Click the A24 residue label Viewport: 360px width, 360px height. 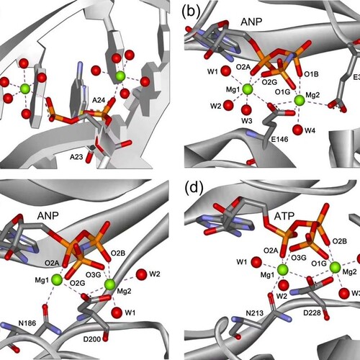point(99,100)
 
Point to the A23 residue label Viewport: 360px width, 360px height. point(76,157)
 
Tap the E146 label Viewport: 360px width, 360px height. point(279,139)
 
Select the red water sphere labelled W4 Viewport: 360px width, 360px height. point(298,130)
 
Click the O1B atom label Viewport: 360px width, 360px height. point(311,74)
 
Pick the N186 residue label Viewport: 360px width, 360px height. point(27,323)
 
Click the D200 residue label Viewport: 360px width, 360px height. point(92,339)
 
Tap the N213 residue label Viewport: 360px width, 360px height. point(255,313)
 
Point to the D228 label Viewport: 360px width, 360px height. point(312,312)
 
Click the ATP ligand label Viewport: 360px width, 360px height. point(284,217)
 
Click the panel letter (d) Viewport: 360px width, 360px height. point(194,188)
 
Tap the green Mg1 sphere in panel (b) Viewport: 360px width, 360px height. point(248,89)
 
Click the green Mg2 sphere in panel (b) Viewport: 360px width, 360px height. point(300,100)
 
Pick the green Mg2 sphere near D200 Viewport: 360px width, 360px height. point(110,284)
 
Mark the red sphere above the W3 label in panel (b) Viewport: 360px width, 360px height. point(246,110)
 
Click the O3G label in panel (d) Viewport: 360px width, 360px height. point(299,258)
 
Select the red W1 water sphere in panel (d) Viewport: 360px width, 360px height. point(256,262)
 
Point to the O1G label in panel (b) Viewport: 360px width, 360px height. point(282,91)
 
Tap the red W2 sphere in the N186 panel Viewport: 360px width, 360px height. point(141,274)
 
